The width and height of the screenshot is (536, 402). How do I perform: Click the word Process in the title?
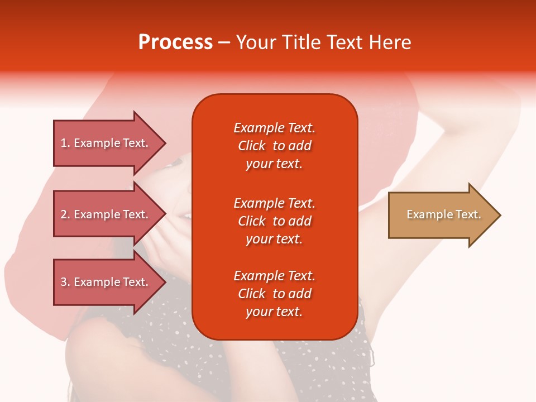point(175,42)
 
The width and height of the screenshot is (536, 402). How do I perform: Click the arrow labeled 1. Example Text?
point(110,143)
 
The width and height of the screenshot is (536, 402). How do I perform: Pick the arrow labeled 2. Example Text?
point(110,214)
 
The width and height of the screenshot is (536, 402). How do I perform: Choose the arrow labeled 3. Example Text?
point(110,282)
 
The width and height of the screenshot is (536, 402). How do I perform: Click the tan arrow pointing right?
point(445,215)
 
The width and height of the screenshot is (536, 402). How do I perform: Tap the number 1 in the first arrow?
point(64,143)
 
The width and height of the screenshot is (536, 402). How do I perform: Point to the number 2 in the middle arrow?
point(64,214)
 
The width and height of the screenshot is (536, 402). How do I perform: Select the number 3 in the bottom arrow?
point(64,282)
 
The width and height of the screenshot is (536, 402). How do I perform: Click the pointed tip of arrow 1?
point(166,143)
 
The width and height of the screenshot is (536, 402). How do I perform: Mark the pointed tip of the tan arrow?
point(501,215)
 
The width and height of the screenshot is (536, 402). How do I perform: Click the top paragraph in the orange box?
point(275,146)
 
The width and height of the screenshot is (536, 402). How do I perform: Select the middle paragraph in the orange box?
point(275,221)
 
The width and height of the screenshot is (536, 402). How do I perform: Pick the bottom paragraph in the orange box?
point(275,294)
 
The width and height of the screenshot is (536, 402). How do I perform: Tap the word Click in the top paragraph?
point(252,146)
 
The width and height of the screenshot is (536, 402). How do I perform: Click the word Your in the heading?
point(256,42)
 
